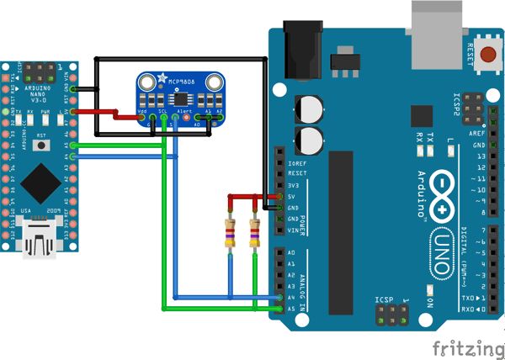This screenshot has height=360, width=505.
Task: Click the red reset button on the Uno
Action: pos(486,46)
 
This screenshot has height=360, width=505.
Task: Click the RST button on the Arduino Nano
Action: pos(40,139)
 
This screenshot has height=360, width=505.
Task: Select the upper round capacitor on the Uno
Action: pos(308,109)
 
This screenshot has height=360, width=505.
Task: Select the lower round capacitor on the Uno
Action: pos(308,140)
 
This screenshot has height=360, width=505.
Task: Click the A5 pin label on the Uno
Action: pos(291,309)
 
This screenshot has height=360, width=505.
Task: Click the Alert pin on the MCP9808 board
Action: pos(186,118)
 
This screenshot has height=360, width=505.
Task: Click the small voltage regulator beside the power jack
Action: pos(342,61)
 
